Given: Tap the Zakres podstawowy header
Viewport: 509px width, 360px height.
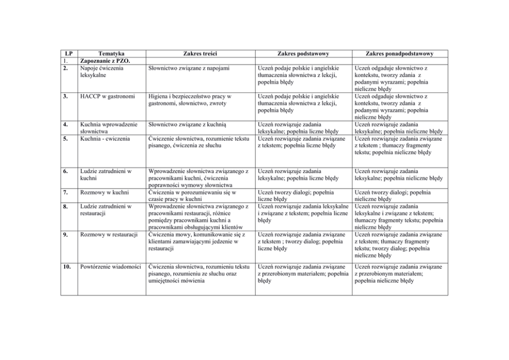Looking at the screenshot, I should click(x=303, y=53).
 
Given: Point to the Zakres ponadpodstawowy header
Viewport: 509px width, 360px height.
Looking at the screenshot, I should click(x=400, y=53).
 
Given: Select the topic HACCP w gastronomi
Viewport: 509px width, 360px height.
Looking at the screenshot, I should click(x=107, y=96).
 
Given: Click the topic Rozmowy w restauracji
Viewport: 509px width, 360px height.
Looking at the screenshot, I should click(x=109, y=235).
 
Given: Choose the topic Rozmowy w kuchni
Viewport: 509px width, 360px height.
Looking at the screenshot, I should click(x=104, y=192).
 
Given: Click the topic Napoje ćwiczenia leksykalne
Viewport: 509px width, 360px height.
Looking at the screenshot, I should click(x=101, y=71).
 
